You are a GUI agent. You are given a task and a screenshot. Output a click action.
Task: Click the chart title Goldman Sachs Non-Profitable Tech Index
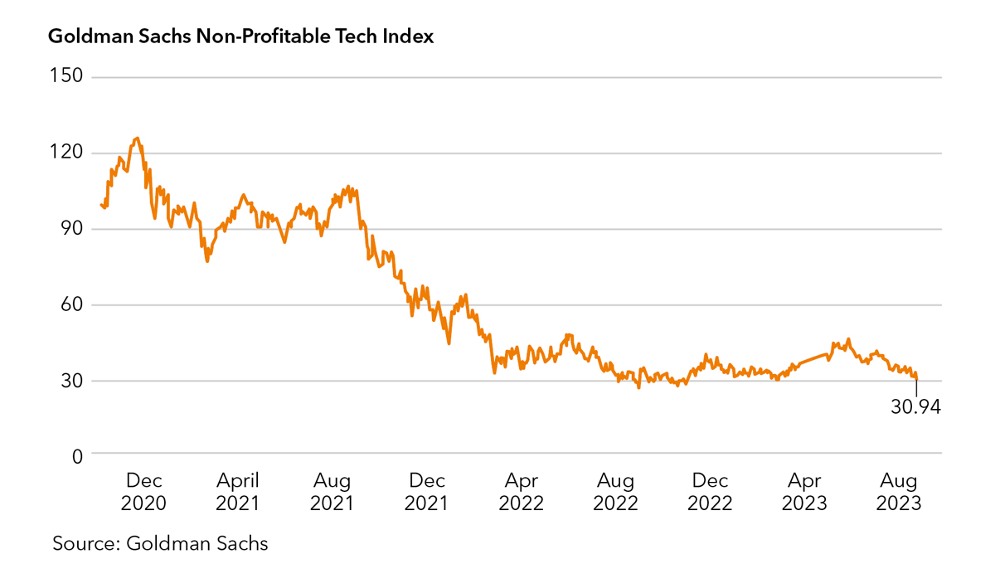[x=241, y=37]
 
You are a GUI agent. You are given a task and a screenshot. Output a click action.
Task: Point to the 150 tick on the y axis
[x=66, y=76]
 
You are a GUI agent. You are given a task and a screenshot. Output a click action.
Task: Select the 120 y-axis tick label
[x=66, y=153]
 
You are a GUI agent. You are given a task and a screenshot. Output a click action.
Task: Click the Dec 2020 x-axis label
[x=143, y=492]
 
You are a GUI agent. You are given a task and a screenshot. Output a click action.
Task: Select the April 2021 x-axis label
[x=237, y=492]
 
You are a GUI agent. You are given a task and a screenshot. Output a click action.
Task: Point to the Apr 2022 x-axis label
[x=521, y=492]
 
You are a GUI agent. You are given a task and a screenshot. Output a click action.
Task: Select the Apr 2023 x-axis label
[x=804, y=492]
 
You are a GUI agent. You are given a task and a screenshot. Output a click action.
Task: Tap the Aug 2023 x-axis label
[x=899, y=492]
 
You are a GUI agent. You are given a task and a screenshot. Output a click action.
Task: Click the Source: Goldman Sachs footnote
[x=160, y=544]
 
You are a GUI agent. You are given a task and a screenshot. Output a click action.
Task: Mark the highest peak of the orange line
[x=137, y=138]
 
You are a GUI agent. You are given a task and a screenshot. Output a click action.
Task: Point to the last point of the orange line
[x=917, y=379]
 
